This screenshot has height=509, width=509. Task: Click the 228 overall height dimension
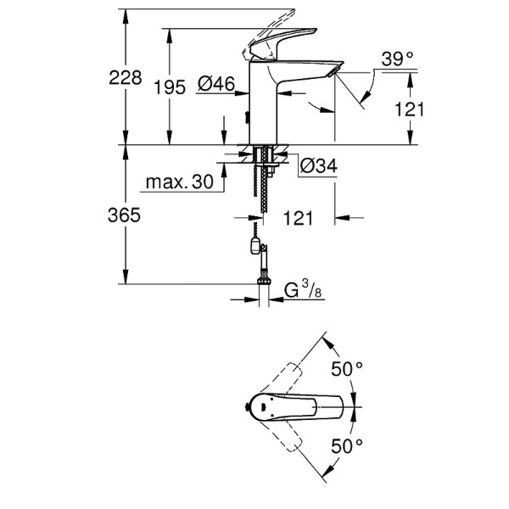point(125,77)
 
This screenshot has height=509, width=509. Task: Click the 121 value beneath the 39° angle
point(409,109)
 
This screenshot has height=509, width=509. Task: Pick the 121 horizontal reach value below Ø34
point(297,218)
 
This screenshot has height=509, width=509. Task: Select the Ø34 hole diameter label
point(319,166)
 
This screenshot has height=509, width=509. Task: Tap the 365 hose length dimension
point(125,215)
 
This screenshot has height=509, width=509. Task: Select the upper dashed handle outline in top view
point(285,380)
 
